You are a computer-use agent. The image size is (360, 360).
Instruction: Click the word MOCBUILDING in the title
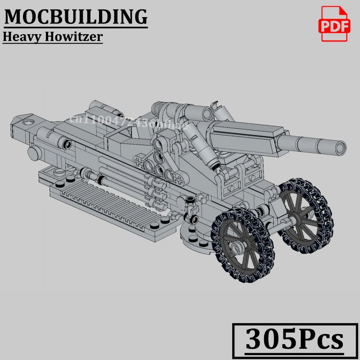point(76,17)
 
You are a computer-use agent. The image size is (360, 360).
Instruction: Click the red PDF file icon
point(334,24)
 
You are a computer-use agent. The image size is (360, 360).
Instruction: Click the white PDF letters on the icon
point(334,27)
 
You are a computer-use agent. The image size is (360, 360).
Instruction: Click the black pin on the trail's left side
point(68,144)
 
